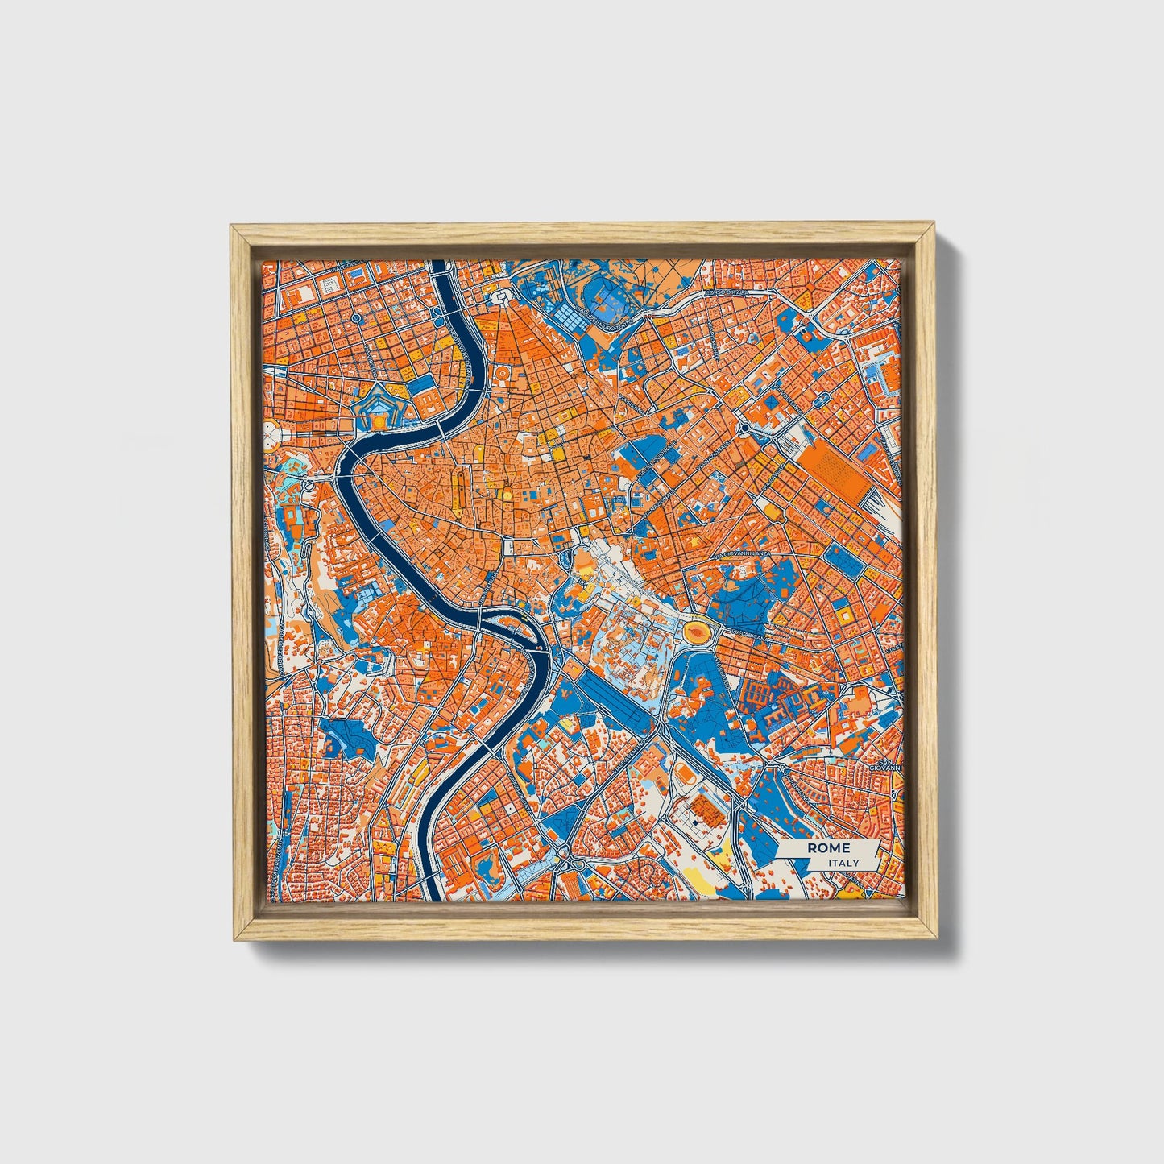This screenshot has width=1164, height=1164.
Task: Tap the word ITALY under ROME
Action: pyautogui.click(x=843, y=863)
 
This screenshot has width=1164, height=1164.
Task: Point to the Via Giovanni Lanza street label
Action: pyautogui.click(x=745, y=556)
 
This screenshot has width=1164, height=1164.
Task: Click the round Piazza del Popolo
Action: pyautogui.click(x=501, y=299)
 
